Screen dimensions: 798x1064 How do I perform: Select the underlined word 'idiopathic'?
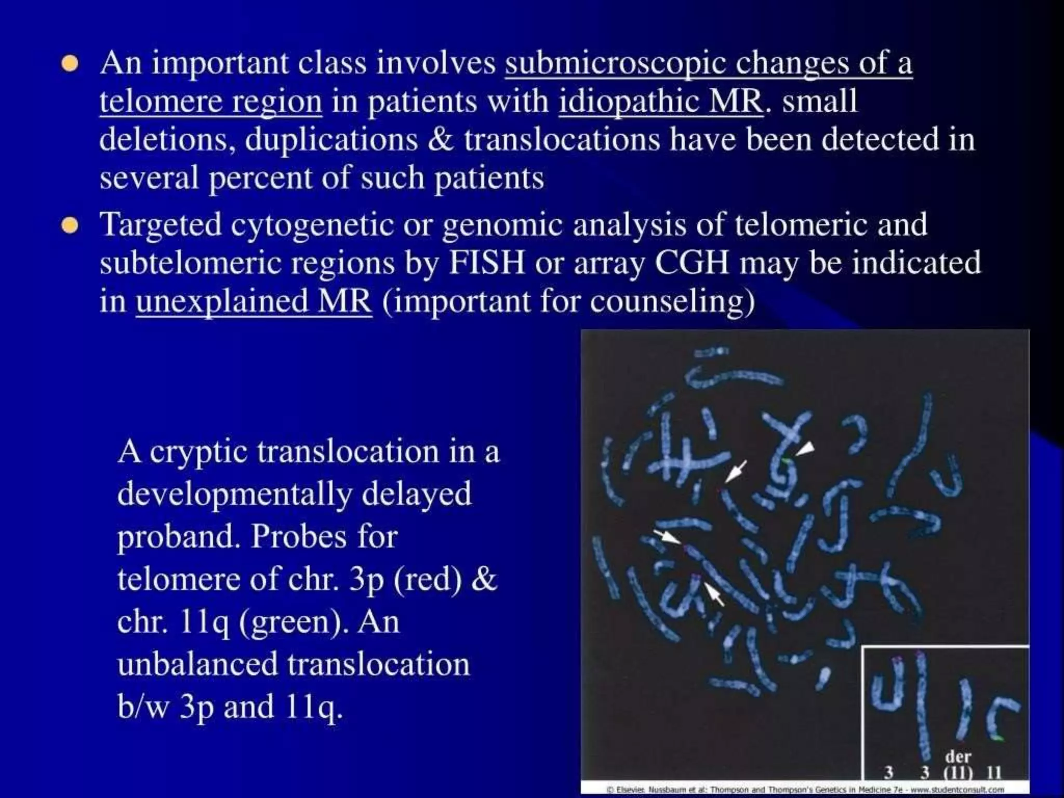[627, 101]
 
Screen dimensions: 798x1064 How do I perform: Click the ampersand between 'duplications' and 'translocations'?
[441, 139]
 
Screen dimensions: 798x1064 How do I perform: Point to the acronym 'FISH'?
[486, 262]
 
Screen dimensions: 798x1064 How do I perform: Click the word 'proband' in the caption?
[179, 536]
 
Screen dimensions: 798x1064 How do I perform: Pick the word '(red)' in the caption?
[427, 579]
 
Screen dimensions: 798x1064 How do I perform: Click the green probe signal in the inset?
[997, 738]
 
